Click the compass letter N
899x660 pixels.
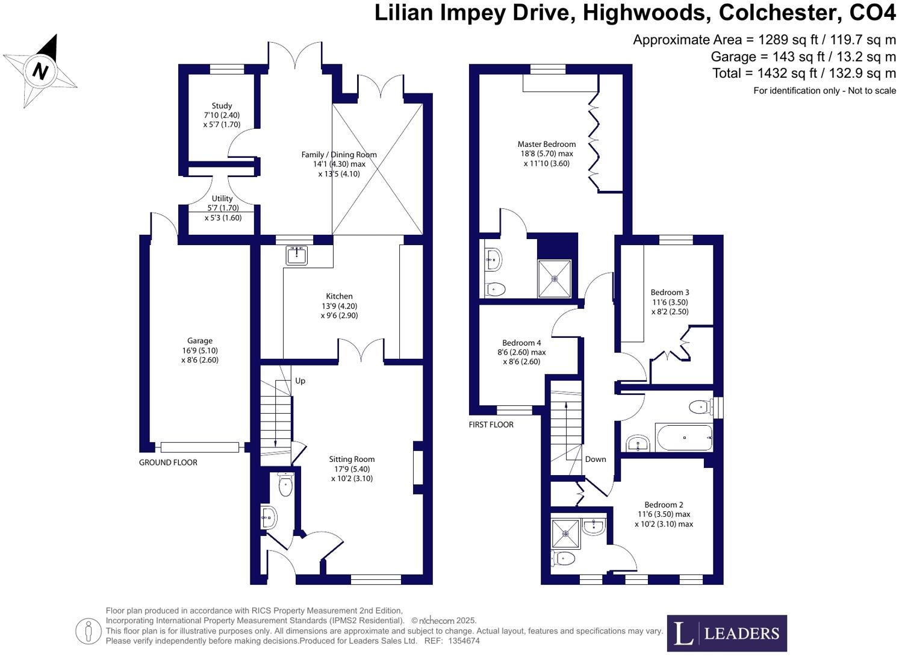[40, 72]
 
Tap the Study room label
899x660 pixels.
[222, 106]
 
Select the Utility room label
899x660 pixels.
[222, 199]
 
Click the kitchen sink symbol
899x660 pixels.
[297, 255]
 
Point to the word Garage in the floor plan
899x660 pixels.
[199, 341]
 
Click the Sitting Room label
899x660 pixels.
[352, 459]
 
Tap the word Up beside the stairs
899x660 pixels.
[300, 381]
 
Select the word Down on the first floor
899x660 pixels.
[595, 459]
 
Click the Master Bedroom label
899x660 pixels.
[546, 145]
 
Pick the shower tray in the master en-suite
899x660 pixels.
[554, 278]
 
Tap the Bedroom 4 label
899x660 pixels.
[521, 343]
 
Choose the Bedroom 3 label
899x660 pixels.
[670, 293]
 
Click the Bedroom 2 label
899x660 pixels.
[664, 505]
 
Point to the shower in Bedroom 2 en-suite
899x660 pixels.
[565, 534]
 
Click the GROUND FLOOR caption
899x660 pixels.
[168, 462]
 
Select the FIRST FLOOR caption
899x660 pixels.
[491, 425]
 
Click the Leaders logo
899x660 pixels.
[726, 633]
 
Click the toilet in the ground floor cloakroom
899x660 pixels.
[285, 485]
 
